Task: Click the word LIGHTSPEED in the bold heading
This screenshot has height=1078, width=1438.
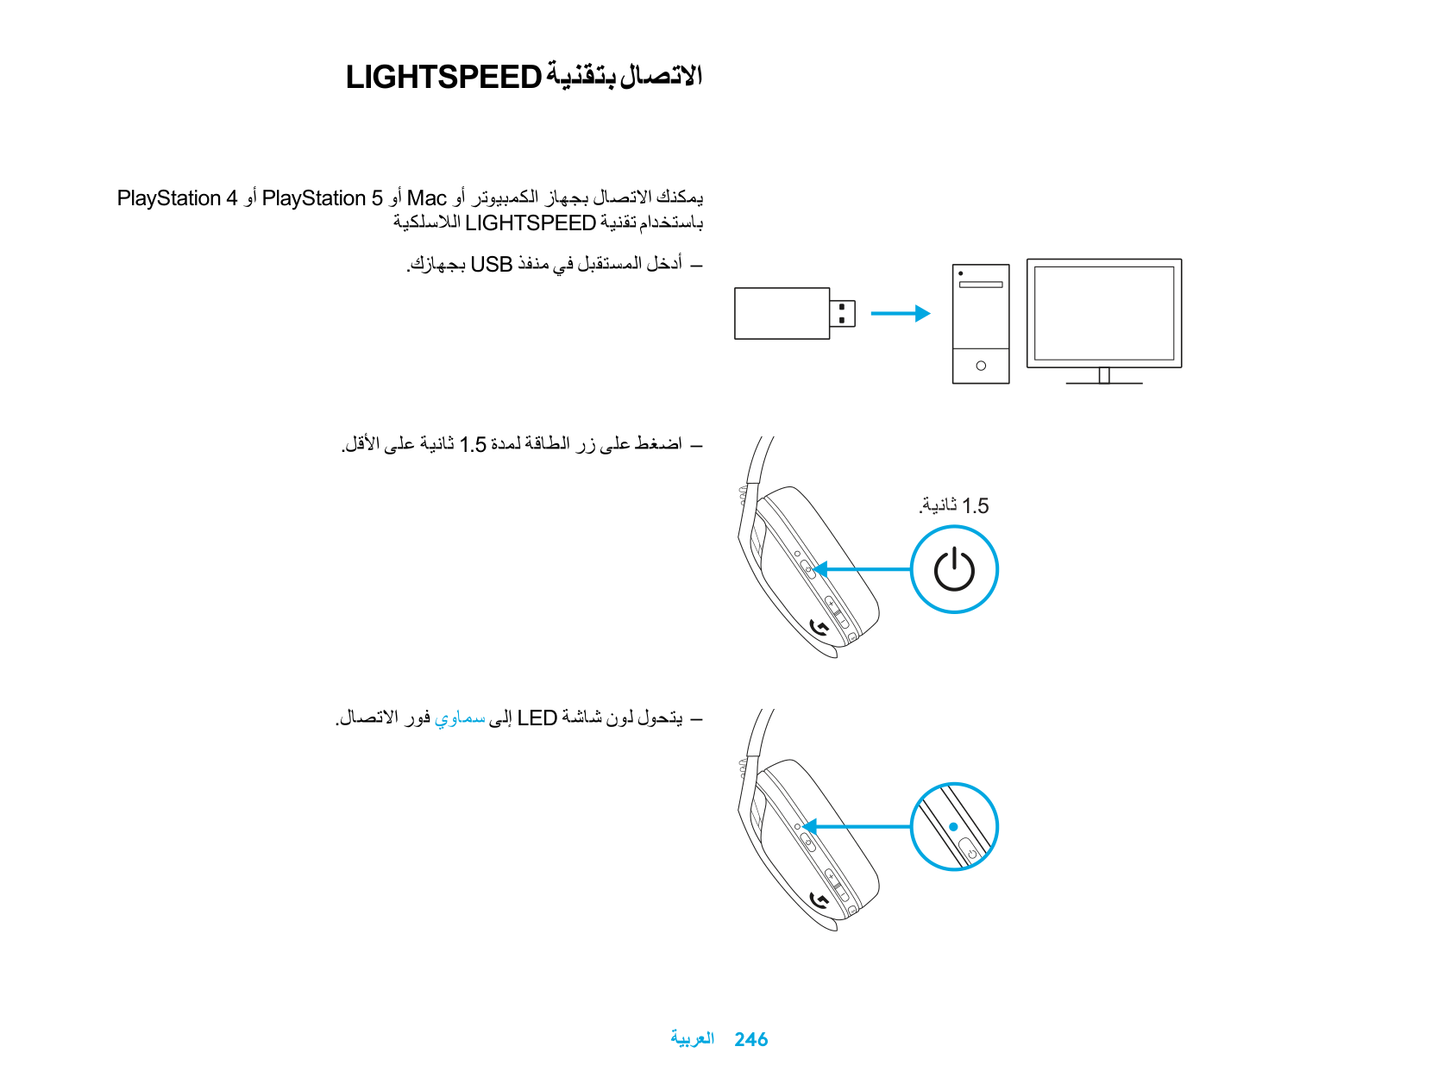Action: pyautogui.click(x=443, y=78)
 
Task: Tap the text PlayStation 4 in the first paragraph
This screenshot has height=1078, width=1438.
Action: pyautogui.click(x=177, y=198)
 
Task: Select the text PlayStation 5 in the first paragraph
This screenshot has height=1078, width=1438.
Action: pyautogui.click(x=322, y=198)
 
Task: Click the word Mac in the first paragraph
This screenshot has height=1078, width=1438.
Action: pyautogui.click(x=426, y=198)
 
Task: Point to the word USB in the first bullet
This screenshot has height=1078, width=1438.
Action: pyautogui.click(x=491, y=264)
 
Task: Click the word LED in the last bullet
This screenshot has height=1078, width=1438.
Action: pyautogui.click(x=537, y=718)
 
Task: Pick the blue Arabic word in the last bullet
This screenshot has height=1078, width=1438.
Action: pyautogui.click(x=460, y=718)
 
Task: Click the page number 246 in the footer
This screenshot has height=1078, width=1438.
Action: pyautogui.click(x=750, y=1039)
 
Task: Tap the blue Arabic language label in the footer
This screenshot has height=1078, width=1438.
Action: pyautogui.click(x=692, y=1038)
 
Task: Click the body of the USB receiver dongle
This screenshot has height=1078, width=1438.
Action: pyautogui.click(x=782, y=313)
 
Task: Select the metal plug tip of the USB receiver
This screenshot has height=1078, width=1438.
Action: pyautogui.click(x=842, y=313)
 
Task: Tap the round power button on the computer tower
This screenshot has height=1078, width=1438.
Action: pyautogui.click(x=981, y=366)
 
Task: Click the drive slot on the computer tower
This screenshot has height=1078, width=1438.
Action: pyautogui.click(x=981, y=284)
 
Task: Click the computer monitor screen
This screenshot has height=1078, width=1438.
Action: pyautogui.click(x=1104, y=312)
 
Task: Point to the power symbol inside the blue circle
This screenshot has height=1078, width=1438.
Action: pyautogui.click(x=954, y=569)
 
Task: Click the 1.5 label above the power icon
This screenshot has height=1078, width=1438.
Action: pyautogui.click(x=975, y=506)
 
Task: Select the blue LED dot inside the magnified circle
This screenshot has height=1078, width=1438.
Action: pyautogui.click(x=953, y=826)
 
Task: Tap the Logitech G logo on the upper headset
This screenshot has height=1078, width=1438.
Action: pyautogui.click(x=819, y=628)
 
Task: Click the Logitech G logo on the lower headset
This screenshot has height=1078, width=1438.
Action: pyautogui.click(x=819, y=901)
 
